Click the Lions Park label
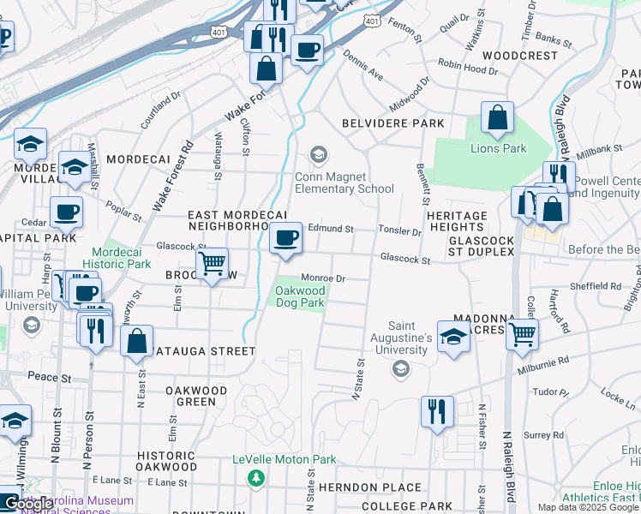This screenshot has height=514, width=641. [498, 148]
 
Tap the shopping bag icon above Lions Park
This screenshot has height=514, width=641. [497, 118]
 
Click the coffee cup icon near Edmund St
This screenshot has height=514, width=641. [285, 237]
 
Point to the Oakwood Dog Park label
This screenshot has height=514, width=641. [299, 296]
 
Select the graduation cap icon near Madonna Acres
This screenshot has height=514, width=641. [453, 336]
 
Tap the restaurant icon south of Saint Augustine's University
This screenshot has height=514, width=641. [437, 412]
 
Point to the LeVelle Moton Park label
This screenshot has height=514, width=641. [284, 460]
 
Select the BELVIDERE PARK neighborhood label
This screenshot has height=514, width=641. [393, 123]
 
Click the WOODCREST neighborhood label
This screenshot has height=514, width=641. [524, 56]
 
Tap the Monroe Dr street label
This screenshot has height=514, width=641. [322, 278]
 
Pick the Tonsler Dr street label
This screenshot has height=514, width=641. [401, 231]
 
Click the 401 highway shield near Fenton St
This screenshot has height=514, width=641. [371, 19]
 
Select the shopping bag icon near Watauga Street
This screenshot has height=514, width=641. [137, 341]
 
